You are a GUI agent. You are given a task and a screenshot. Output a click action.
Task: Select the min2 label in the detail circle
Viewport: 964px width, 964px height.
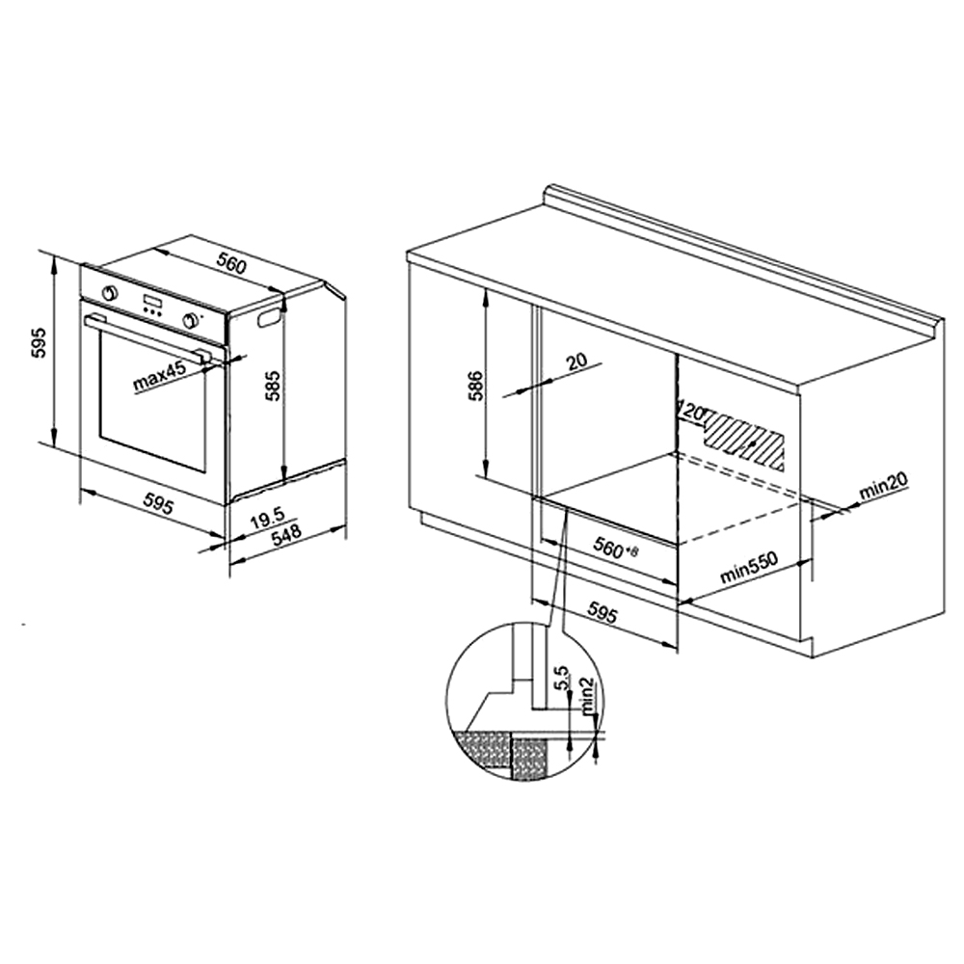click(588, 695)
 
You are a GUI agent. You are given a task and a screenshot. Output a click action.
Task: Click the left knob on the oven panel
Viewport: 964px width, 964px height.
click(111, 292)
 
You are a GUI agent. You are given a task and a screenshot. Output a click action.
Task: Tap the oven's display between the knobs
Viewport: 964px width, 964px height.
click(153, 303)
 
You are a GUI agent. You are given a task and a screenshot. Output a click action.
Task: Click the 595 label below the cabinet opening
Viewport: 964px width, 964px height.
click(602, 613)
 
